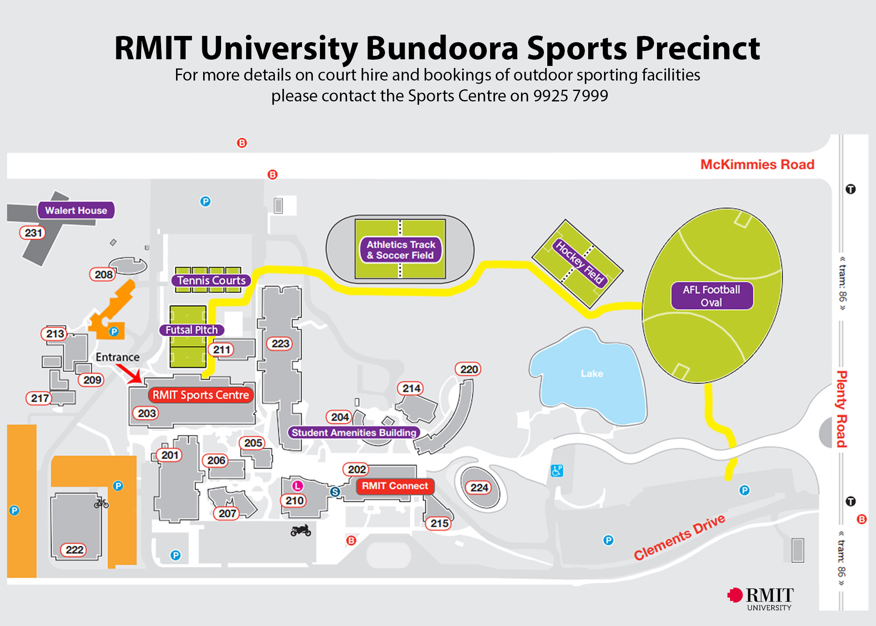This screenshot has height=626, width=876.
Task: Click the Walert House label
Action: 76,210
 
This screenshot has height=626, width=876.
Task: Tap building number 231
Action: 33,232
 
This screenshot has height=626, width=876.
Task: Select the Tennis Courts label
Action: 211,280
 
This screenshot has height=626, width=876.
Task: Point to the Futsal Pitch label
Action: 191,330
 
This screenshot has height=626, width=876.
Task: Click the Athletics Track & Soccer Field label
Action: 400,250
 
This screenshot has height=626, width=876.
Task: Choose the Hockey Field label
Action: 580,262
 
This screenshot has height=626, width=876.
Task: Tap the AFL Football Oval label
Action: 712,296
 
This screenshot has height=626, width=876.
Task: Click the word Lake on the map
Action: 592,374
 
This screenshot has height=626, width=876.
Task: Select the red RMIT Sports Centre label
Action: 201,395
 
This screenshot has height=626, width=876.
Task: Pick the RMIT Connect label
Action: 395,486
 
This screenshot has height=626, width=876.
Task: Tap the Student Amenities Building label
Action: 354,432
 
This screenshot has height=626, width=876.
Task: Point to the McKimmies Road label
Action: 757,164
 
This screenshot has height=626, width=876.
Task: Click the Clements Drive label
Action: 680,537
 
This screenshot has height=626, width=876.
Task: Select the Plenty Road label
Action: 842,409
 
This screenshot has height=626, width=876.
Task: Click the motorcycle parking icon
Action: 301,530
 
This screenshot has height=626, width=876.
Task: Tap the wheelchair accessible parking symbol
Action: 557,470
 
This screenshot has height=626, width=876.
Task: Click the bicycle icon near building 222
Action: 101,503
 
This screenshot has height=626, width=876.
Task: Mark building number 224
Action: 479,487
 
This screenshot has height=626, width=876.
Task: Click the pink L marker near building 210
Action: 297,486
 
